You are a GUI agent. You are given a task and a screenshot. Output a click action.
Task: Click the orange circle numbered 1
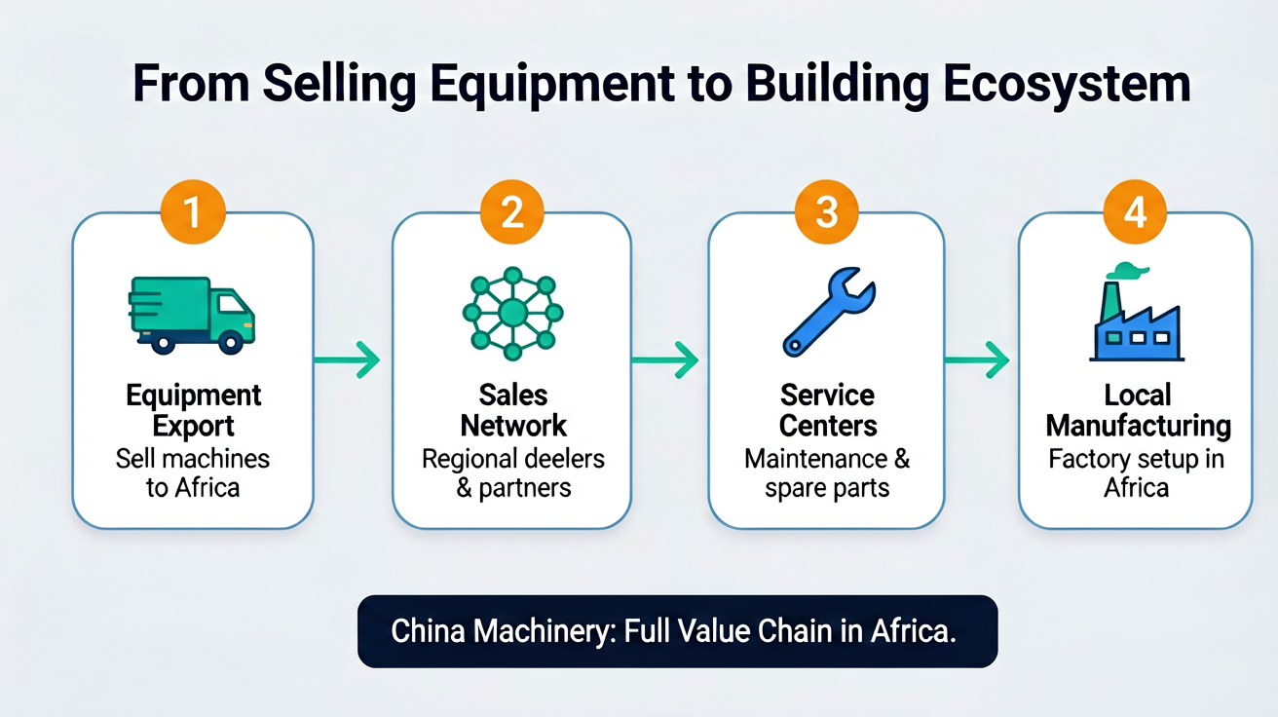pyautogui.click(x=193, y=212)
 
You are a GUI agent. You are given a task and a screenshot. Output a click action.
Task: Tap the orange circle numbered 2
pyautogui.click(x=511, y=212)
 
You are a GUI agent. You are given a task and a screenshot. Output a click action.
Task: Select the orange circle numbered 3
pyautogui.click(x=826, y=212)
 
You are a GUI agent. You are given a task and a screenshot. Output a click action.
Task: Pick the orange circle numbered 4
pyautogui.click(x=1135, y=212)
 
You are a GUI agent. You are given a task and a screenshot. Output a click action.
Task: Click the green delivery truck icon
pyautogui.click(x=192, y=316)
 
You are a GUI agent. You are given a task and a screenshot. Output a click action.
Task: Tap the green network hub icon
pyautogui.click(x=512, y=313)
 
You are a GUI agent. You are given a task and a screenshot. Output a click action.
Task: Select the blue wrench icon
pyautogui.click(x=828, y=312)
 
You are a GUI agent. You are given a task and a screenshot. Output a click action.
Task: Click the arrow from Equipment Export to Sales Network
pyautogui.click(x=347, y=359)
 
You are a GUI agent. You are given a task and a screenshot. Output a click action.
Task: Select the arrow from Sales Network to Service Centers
pyautogui.click(x=665, y=359)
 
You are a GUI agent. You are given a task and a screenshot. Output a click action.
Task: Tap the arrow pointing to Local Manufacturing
pyautogui.click(x=977, y=359)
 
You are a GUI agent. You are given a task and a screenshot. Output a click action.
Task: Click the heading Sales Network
pyautogui.click(x=513, y=410)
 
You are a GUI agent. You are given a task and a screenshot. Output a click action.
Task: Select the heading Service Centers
pyautogui.click(x=827, y=410)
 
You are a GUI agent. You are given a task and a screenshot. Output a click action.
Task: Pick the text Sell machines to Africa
pyautogui.click(x=193, y=473)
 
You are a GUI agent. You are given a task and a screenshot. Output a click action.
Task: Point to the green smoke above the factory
pyautogui.click(x=1127, y=271)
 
